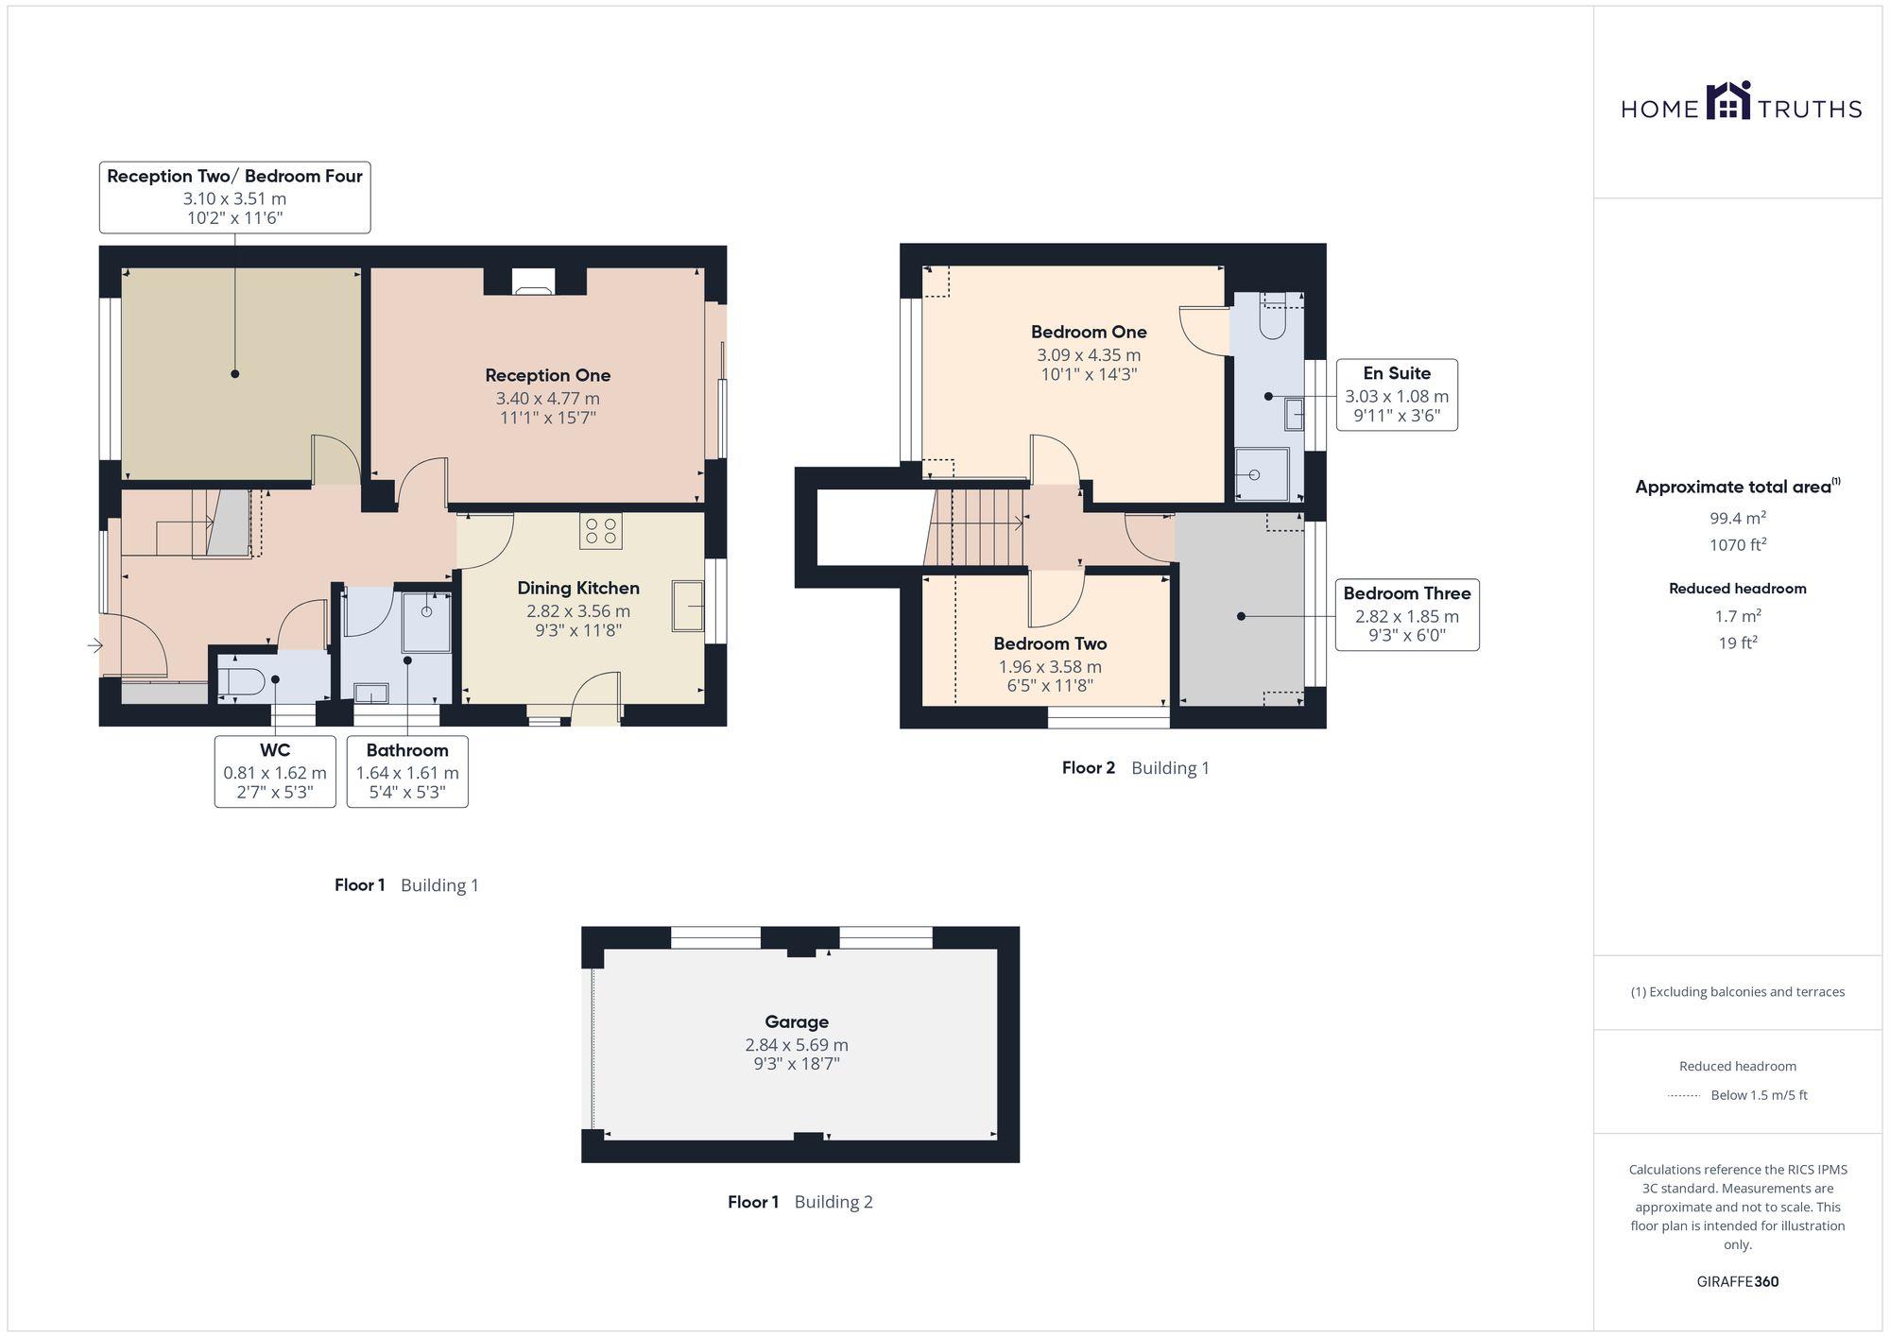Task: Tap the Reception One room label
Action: [x=548, y=375]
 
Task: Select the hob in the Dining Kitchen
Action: [x=601, y=531]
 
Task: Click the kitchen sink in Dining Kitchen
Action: [x=688, y=606]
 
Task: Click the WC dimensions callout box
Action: [x=275, y=771]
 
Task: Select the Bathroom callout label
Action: [x=407, y=750]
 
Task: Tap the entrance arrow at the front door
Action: [x=94, y=645]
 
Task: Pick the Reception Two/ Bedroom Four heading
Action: [x=234, y=176]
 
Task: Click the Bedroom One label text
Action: [x=1089, y=332]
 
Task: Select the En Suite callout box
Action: [x=1397, y=395]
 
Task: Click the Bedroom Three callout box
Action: [x=1407, y=614]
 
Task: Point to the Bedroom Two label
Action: [x=1050, y=643]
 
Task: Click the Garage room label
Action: [x=797, y=1021]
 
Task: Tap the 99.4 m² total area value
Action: [x=1738, y=518]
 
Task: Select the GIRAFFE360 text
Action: [x=1738, y=1282]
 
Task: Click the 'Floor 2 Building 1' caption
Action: [x=1135, y=768]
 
